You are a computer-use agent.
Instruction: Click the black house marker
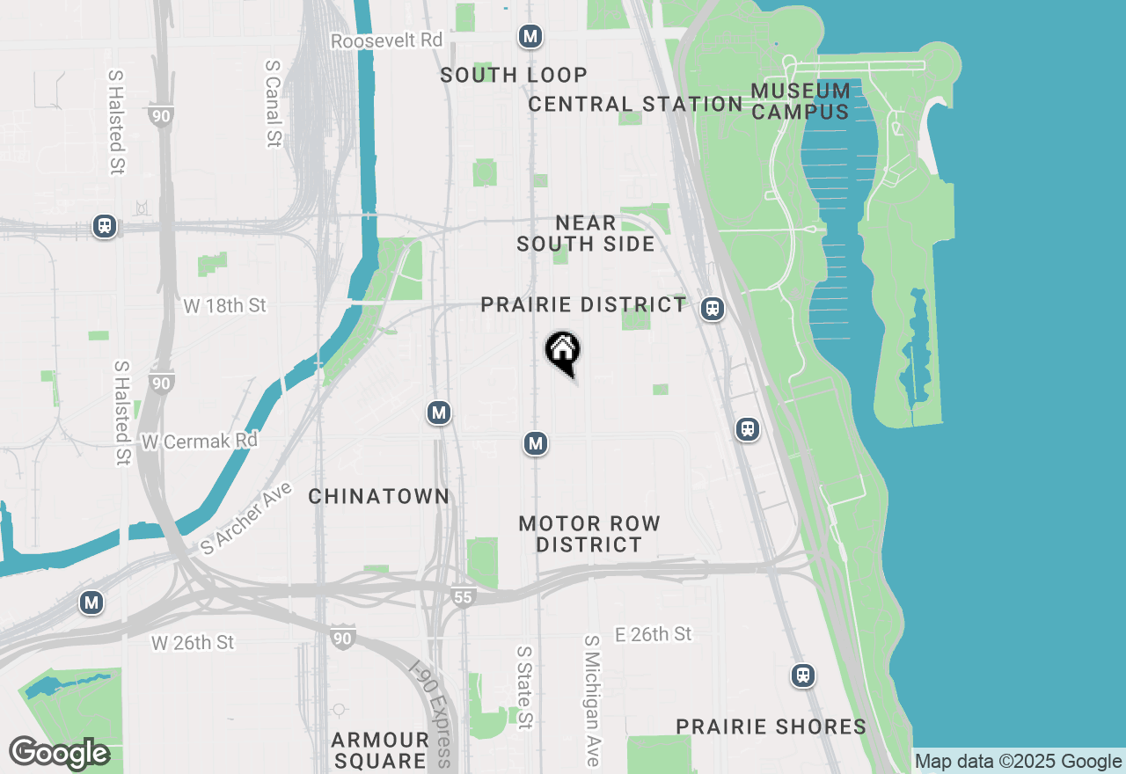tap(563, 352)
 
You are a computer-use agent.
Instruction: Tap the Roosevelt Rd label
tap(387, 41)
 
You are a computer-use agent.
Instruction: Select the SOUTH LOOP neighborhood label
tap(514, 76)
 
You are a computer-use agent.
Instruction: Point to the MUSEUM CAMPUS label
tap(801, 101)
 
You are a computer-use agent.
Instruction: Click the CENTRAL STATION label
tap(636, 105)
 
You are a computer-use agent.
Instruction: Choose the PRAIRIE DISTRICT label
tap(583, 305)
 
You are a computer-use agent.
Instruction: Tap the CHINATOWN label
tap(379, 497)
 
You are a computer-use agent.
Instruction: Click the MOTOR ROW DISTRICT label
tap(589, 534)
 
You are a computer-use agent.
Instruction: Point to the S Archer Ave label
tap(245, 518)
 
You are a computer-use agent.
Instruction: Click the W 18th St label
tap(224, 306)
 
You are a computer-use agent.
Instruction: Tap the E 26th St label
tap(654, 634)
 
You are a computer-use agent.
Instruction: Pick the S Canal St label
tap(274, 103)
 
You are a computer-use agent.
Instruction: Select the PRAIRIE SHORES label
tap(771, 727)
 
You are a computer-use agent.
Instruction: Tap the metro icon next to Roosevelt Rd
tap(530, 36)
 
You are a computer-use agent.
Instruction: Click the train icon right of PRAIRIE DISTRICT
tap(713, 309)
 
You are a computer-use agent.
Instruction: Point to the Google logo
tap(59, 754)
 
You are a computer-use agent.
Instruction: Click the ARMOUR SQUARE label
tap(380, 750)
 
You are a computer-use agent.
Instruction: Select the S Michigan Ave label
tap(592, 700)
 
